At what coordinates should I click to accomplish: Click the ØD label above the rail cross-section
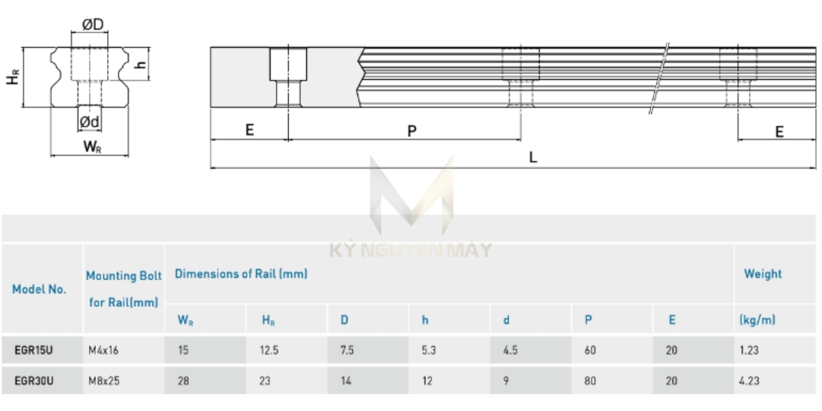tap(92, 24)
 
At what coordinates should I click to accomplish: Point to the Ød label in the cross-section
tap(90, 122)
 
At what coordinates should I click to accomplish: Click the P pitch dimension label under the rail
tap(412, 131)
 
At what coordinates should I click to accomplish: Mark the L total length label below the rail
tap(533, 157)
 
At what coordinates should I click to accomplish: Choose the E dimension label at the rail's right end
tap(779, 132)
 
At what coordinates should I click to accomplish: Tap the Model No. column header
tap(39, 289)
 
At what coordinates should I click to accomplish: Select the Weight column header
tap(762, 274)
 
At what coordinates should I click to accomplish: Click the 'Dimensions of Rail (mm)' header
tap(241, 274)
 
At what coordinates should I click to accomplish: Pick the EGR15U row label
tap(34, 350)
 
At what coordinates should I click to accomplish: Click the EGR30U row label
tap(34, 381)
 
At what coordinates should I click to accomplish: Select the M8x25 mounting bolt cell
tap(104, 381)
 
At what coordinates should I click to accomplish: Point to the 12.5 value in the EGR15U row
tap(269, 350)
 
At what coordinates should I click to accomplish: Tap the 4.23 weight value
tap(749, 381)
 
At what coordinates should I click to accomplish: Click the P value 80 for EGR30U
tap(590, 381)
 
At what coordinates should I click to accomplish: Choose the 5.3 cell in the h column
tap(429, 350)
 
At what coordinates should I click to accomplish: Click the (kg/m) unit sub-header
tap(758, 320)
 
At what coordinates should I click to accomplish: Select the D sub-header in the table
tap(344, 320)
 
